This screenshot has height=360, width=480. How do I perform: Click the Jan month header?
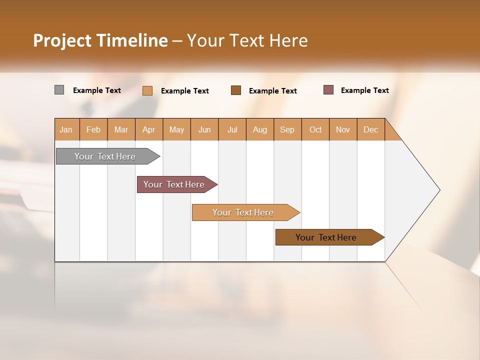(66, 129)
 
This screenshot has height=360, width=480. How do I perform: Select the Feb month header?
(93, 129)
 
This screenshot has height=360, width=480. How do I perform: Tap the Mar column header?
(121, 129)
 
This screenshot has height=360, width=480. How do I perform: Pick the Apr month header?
(148, 129)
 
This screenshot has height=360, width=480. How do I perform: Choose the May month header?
(176, 129)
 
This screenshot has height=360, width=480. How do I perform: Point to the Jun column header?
(204, 129)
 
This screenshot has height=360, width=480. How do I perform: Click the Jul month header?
(232, 129)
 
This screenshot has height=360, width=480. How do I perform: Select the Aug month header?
(260, 129)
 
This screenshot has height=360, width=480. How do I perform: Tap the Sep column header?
(287, 129)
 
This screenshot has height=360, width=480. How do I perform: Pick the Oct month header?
(315, 129)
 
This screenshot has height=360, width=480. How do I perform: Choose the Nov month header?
(343, 129)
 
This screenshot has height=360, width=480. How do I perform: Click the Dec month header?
(371, 129)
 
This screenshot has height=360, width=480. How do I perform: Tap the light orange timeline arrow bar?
(243, 212)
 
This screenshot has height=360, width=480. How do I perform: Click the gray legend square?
(59, 90)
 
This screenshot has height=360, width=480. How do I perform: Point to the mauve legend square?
(328, 90)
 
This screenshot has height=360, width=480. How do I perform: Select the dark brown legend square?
(236, 90)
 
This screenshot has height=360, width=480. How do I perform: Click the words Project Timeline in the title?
(100, 40)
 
